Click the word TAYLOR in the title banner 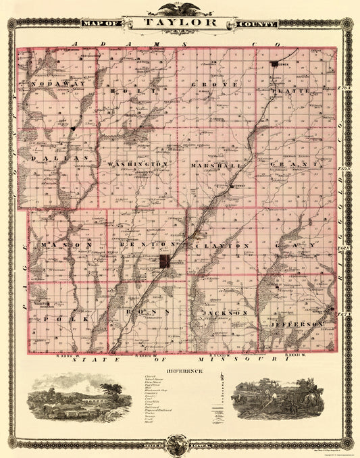pyautogui.click(x=180, y=22)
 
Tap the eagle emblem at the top pyautogui.click(x=180, y=9)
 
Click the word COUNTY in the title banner pyautogui.click(x=257, y=24)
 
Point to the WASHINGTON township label pyautogui.click(x=136, y=164)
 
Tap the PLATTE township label pyautogui.click(x=290, y=90)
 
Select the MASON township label pyautogui.click(x=65, y=244)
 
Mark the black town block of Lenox pyautogui.click(x=275, y=64)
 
